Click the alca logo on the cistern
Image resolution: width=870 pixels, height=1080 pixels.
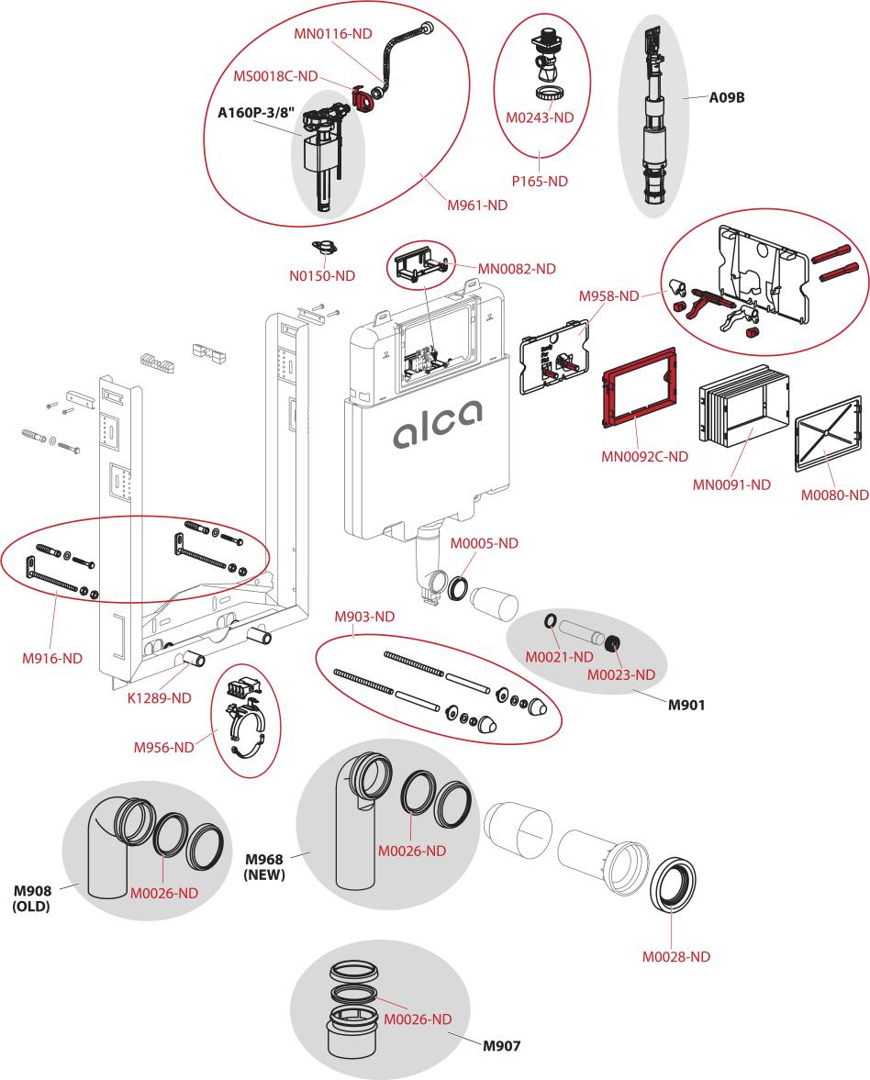pos(438,425)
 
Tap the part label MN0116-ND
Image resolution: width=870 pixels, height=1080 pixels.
pos(333,33)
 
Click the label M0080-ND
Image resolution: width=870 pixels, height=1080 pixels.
pos(833,495)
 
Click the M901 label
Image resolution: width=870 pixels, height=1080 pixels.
pos(686,705)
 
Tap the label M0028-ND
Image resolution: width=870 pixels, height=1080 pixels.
pos(675,956)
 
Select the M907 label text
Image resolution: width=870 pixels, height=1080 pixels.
pos(502,1045)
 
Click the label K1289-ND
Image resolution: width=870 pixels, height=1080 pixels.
pos(159,697)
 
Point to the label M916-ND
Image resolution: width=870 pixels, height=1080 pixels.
pos(52,658)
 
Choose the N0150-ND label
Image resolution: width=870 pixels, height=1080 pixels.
pos(323,275)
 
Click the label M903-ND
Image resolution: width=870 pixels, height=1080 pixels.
pos(364,617)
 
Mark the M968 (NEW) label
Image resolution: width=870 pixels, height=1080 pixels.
pos(264,866)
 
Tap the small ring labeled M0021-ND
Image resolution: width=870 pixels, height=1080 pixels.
pos(550,622)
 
